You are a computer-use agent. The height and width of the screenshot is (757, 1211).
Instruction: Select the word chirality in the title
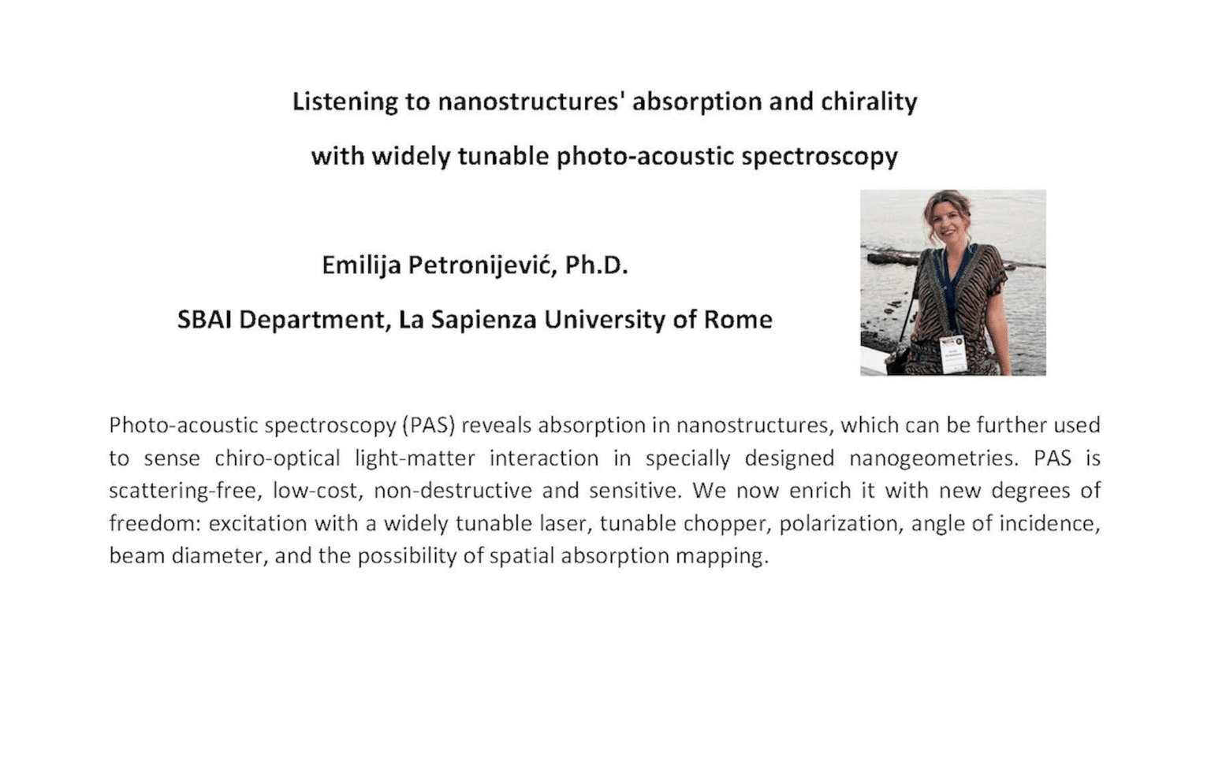[869, 102]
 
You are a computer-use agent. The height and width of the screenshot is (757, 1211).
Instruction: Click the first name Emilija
[360, 265]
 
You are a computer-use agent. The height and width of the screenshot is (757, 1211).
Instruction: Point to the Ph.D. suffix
[596, 265]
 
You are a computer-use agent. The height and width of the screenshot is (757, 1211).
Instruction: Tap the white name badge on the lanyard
[952, 353]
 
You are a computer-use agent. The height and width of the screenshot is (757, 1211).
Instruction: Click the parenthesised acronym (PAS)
[429, 426]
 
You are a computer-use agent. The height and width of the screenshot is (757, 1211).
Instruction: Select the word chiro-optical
[277, 458]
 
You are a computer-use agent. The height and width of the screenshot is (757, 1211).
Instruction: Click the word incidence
[1049, 524]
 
